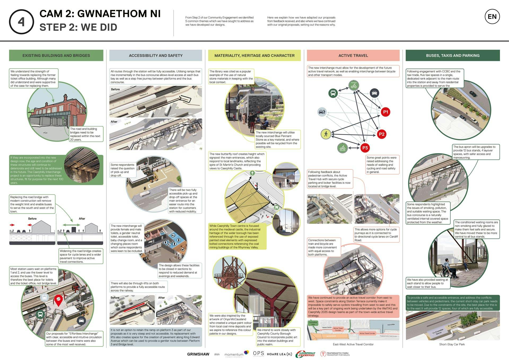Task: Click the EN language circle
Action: [492, 17]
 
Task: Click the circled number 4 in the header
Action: [21, 22]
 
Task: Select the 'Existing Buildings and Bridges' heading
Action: [56, 55]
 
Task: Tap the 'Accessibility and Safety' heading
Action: [156, 55]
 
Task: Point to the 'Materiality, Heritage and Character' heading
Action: [254, 55]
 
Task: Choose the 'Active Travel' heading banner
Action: [353, 55]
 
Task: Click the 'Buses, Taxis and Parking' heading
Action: [453, 55]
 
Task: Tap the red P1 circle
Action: [385, 112]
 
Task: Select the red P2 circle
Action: [381, 134]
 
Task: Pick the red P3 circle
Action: [365, 148]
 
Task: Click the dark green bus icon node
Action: [333, 93]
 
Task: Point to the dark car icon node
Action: [374, 93]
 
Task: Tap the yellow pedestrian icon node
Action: [326, 134]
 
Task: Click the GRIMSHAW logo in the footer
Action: [198, 354]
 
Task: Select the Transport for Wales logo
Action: [335, 354]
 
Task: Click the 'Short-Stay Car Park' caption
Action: [452, 344]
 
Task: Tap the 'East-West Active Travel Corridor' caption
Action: [353, 344]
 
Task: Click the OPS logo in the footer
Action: [258, 353]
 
